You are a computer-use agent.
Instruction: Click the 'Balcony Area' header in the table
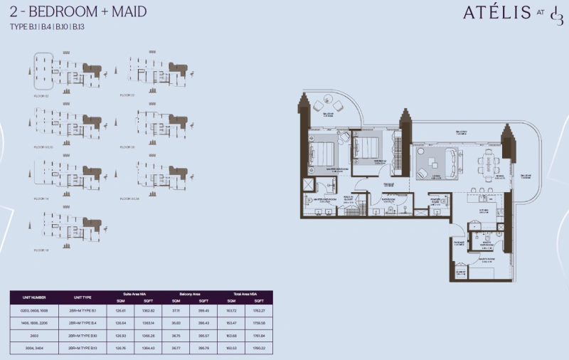click(x=186, y=293)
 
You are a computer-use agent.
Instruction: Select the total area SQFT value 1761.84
click(x=264, y=334)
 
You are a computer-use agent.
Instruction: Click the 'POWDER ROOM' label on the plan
click(x=435, y=201)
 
